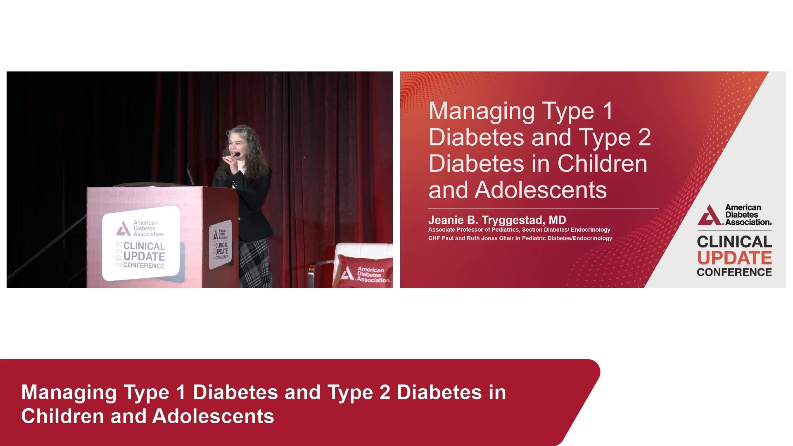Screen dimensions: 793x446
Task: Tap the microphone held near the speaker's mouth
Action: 237,155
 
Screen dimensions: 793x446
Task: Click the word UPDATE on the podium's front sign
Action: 144,256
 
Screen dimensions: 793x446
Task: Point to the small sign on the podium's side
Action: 221,244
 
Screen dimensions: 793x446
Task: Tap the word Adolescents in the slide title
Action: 541,190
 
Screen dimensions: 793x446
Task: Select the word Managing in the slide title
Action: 482,111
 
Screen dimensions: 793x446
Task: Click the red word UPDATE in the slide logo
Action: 734,258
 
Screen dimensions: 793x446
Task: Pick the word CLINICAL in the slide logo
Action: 734,242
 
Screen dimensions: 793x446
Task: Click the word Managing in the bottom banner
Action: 69,393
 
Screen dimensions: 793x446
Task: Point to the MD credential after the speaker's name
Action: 557,220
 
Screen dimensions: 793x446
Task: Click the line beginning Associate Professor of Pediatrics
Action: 519,230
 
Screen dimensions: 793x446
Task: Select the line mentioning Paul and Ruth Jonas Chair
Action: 520,238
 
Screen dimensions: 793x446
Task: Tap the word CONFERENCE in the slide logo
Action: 734,272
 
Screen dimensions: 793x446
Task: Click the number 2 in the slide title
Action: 644,138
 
